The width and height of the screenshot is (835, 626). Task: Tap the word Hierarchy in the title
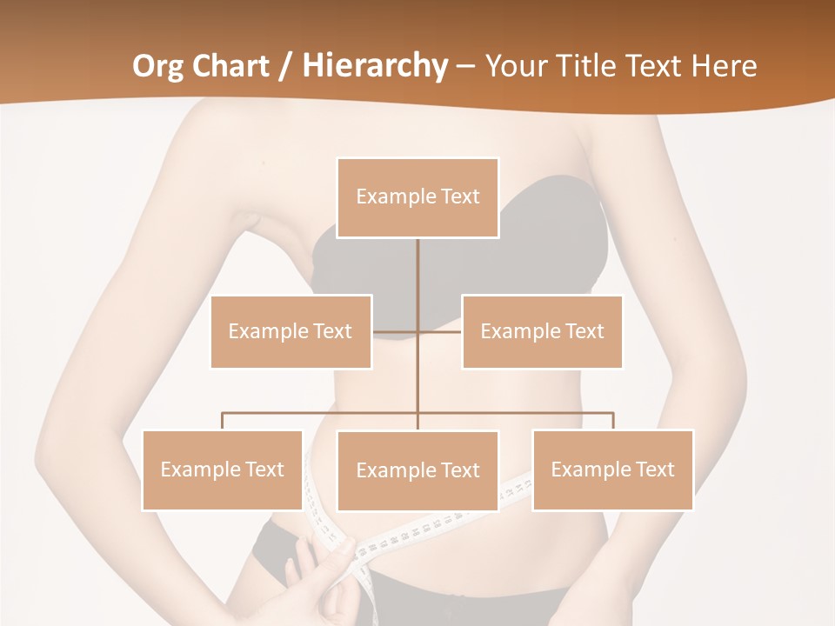[374, 66]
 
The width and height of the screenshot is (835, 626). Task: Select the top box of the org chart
[417, 197]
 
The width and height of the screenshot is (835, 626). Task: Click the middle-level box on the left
[291, 331]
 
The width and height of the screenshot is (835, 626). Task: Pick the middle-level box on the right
[542, 331]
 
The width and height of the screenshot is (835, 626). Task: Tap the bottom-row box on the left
[223, 469]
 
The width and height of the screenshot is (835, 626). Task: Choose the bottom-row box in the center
[417, 470]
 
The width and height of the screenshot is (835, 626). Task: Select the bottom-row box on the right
[612, 469]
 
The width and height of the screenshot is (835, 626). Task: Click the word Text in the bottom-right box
[653, 469]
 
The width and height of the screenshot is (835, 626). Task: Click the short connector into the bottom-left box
[223, 421]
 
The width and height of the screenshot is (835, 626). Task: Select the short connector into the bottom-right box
[612, 421]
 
